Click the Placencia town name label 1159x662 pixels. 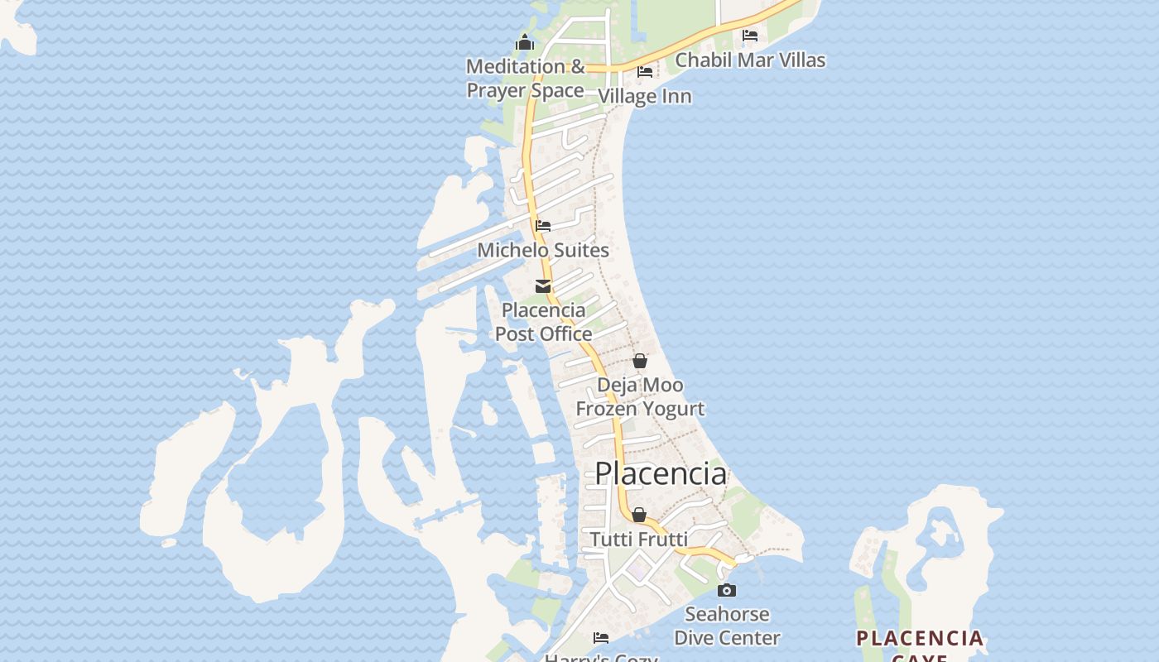coord(661,473)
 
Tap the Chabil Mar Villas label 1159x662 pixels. coord(750,60)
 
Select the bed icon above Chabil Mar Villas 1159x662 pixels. coord(750,36)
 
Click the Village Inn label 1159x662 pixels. coord(644,96)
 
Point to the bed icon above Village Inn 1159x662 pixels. coord(645,72)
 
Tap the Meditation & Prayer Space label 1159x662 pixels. coord(526,78)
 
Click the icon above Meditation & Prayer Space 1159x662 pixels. coord(525,42)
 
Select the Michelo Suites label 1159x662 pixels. coord(543,250)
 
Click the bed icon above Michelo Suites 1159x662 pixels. coord(543,225)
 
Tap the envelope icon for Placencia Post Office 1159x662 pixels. coord(543,286)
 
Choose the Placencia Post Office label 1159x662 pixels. coord(543,322)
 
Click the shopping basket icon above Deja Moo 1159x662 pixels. coord(640,361)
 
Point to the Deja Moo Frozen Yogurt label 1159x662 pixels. coord(640,396)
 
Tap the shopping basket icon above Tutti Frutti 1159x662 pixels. coord(639,515)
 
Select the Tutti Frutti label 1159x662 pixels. coord(638,540)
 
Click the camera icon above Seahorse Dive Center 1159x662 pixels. coord(727,590)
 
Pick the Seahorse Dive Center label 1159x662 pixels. coord(727,626)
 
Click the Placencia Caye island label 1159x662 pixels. coord(920,643)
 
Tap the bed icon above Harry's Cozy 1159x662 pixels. coord(601,638)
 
